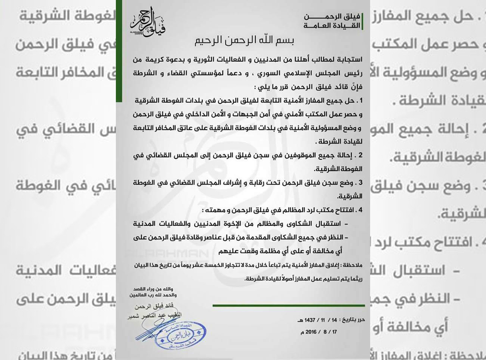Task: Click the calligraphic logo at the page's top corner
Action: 148,21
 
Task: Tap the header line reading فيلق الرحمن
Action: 332,16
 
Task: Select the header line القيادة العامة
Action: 332,25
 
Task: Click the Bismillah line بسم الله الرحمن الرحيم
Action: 243,40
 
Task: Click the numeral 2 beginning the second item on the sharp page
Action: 360,155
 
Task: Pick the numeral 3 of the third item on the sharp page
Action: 360,183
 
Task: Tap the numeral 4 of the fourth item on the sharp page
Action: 360,210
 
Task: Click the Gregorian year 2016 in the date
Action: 311,332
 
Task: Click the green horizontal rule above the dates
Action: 288,306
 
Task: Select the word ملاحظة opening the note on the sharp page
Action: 353,265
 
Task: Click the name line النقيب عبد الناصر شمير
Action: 154,316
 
